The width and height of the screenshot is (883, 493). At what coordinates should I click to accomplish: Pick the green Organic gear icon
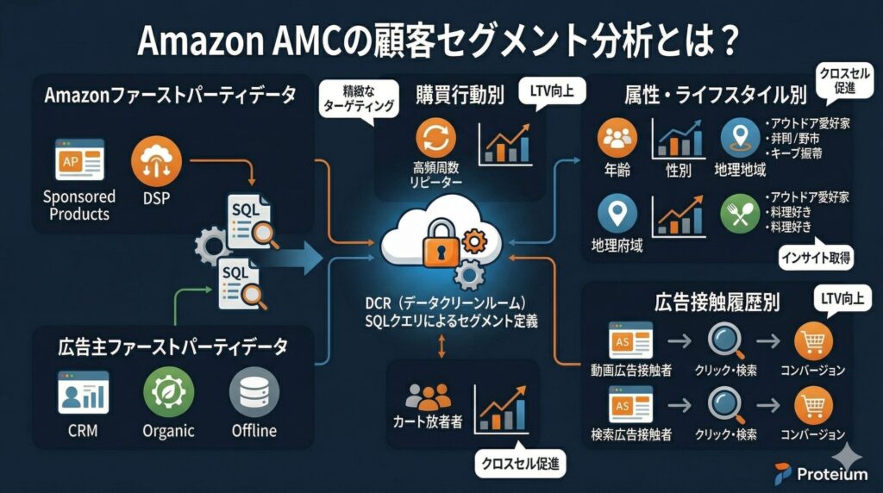pyautogui.click(x=167, y=393)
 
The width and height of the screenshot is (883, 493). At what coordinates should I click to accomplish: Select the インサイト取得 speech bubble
pyautogui.click(x=813, y=256)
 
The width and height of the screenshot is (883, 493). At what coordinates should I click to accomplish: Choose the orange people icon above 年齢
pyautogui.click(x=617, y=139)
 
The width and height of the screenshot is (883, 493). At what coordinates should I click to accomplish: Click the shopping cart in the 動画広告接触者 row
pyautogui.click(x=813, y=340)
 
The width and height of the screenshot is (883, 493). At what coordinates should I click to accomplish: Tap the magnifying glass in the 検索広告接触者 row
pyautogui.click(x=725, y=403)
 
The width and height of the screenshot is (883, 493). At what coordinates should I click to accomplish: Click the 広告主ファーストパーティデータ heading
pyautogui.click(x=172, y=347)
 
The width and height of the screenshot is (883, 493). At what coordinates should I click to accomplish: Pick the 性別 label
pyautogui.click(x=679, y=170)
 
